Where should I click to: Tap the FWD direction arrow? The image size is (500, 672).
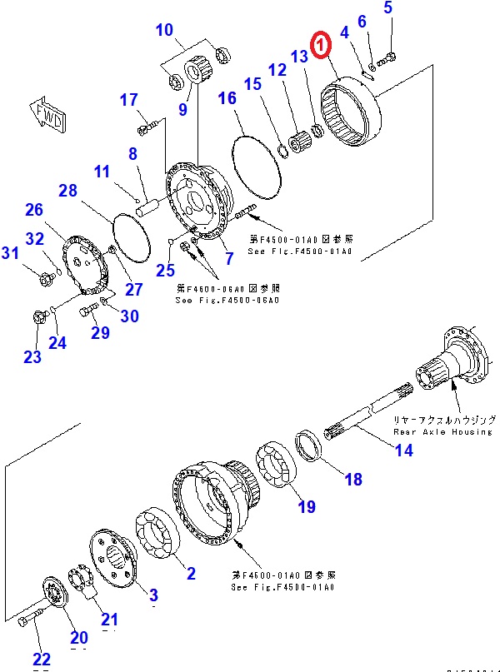pos(47,114)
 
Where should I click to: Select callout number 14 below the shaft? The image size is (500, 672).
pos(403,450)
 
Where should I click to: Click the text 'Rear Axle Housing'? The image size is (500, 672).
pos(442,431)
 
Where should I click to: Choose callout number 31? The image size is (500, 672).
pos(10,253)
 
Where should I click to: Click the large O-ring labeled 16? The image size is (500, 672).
pos(254,166)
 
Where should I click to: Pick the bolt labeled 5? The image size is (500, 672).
pos(387,58)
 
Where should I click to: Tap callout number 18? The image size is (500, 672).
pos(352,479)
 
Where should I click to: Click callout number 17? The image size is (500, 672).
pos(128,101)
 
